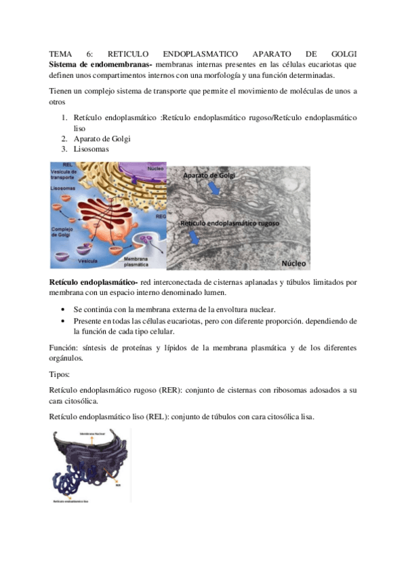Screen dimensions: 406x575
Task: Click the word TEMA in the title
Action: coord(60,53)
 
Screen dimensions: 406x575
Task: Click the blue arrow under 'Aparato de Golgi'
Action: coord(216,191)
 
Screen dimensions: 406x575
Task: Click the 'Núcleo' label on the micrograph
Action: coord(296,261)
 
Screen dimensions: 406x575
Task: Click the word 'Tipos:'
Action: coord(61,374)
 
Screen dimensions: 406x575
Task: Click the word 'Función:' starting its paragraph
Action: coord(64,347)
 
